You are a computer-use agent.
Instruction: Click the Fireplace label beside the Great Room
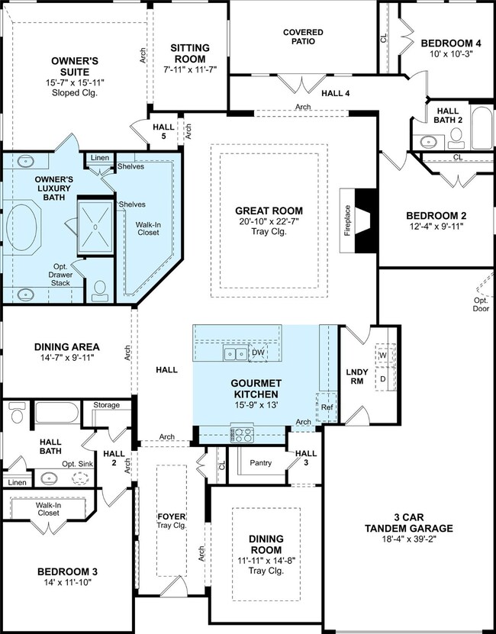[x=347, y=220]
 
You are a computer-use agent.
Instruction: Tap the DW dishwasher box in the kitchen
[x=258, y=352]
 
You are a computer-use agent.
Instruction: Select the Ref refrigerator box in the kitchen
[x=327, y=407]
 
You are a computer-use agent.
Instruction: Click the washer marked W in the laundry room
[x=383, y=355]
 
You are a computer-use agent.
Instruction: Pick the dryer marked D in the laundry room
[x=383, y=379]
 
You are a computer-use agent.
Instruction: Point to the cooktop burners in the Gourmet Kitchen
[x=243, y=435]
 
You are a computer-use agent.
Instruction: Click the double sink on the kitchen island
[x=236, y=354]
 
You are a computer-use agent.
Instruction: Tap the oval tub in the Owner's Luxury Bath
[x=21, y=227]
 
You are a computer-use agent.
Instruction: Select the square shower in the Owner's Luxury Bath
[x=95, y=227]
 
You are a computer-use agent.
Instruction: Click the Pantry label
[x=260, y=463]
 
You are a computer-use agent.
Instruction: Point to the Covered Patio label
[x=303, y=37]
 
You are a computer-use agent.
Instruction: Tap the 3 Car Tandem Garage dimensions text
[x=409, y=539]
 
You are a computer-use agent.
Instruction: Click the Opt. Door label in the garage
[x=481, y=304]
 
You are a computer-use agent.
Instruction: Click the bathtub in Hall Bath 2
[x=482, y=127]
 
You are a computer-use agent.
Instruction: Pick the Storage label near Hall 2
[x=107, y=405]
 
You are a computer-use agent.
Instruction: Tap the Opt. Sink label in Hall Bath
[x=78, y=464]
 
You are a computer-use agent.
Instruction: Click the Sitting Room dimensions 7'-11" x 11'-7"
[x=190, y=69]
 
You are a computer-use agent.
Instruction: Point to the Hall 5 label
[x=164, y=131]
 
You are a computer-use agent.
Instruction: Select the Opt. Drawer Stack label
[x=60, y=275]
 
